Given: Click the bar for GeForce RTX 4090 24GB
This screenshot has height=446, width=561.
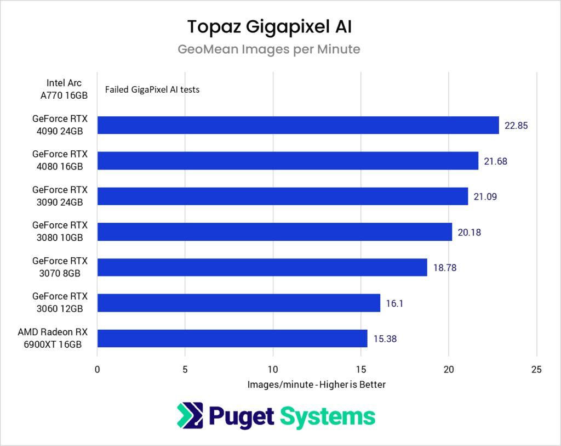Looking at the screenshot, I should click(298, 125).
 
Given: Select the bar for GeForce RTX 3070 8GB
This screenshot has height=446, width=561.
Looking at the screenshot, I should click(262, 267).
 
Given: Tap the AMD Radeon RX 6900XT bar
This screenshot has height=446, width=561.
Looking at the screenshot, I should click(232, 338).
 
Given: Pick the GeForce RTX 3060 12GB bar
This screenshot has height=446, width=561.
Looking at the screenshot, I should click(238, 303).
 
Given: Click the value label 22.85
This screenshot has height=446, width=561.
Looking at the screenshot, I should click(516, 126).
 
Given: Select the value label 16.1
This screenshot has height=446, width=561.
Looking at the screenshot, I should click(394, 303).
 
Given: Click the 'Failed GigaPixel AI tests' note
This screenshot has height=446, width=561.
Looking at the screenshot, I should click(152, 89).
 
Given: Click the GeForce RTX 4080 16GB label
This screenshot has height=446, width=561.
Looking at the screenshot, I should click(59, 161).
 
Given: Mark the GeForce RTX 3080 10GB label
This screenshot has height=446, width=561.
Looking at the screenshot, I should click(59, 232).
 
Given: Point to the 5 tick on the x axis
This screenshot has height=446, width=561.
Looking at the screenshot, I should click(185, 369).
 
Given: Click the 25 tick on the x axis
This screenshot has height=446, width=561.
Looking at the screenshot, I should click(537, 369).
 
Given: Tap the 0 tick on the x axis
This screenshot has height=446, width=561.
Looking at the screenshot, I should click(98, 369).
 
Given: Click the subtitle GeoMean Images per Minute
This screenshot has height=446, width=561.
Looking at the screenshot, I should click(269, 49).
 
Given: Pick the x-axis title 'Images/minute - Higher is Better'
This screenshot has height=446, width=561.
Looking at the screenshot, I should click(317, 385).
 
